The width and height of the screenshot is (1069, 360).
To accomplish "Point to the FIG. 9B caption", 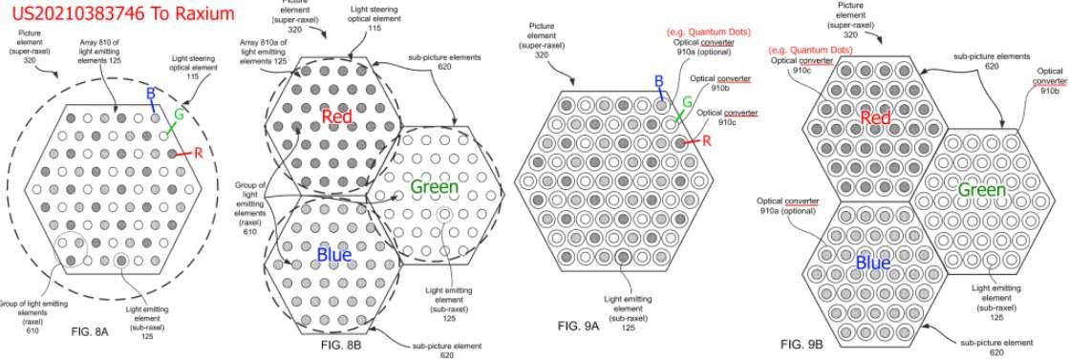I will [801, 343].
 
